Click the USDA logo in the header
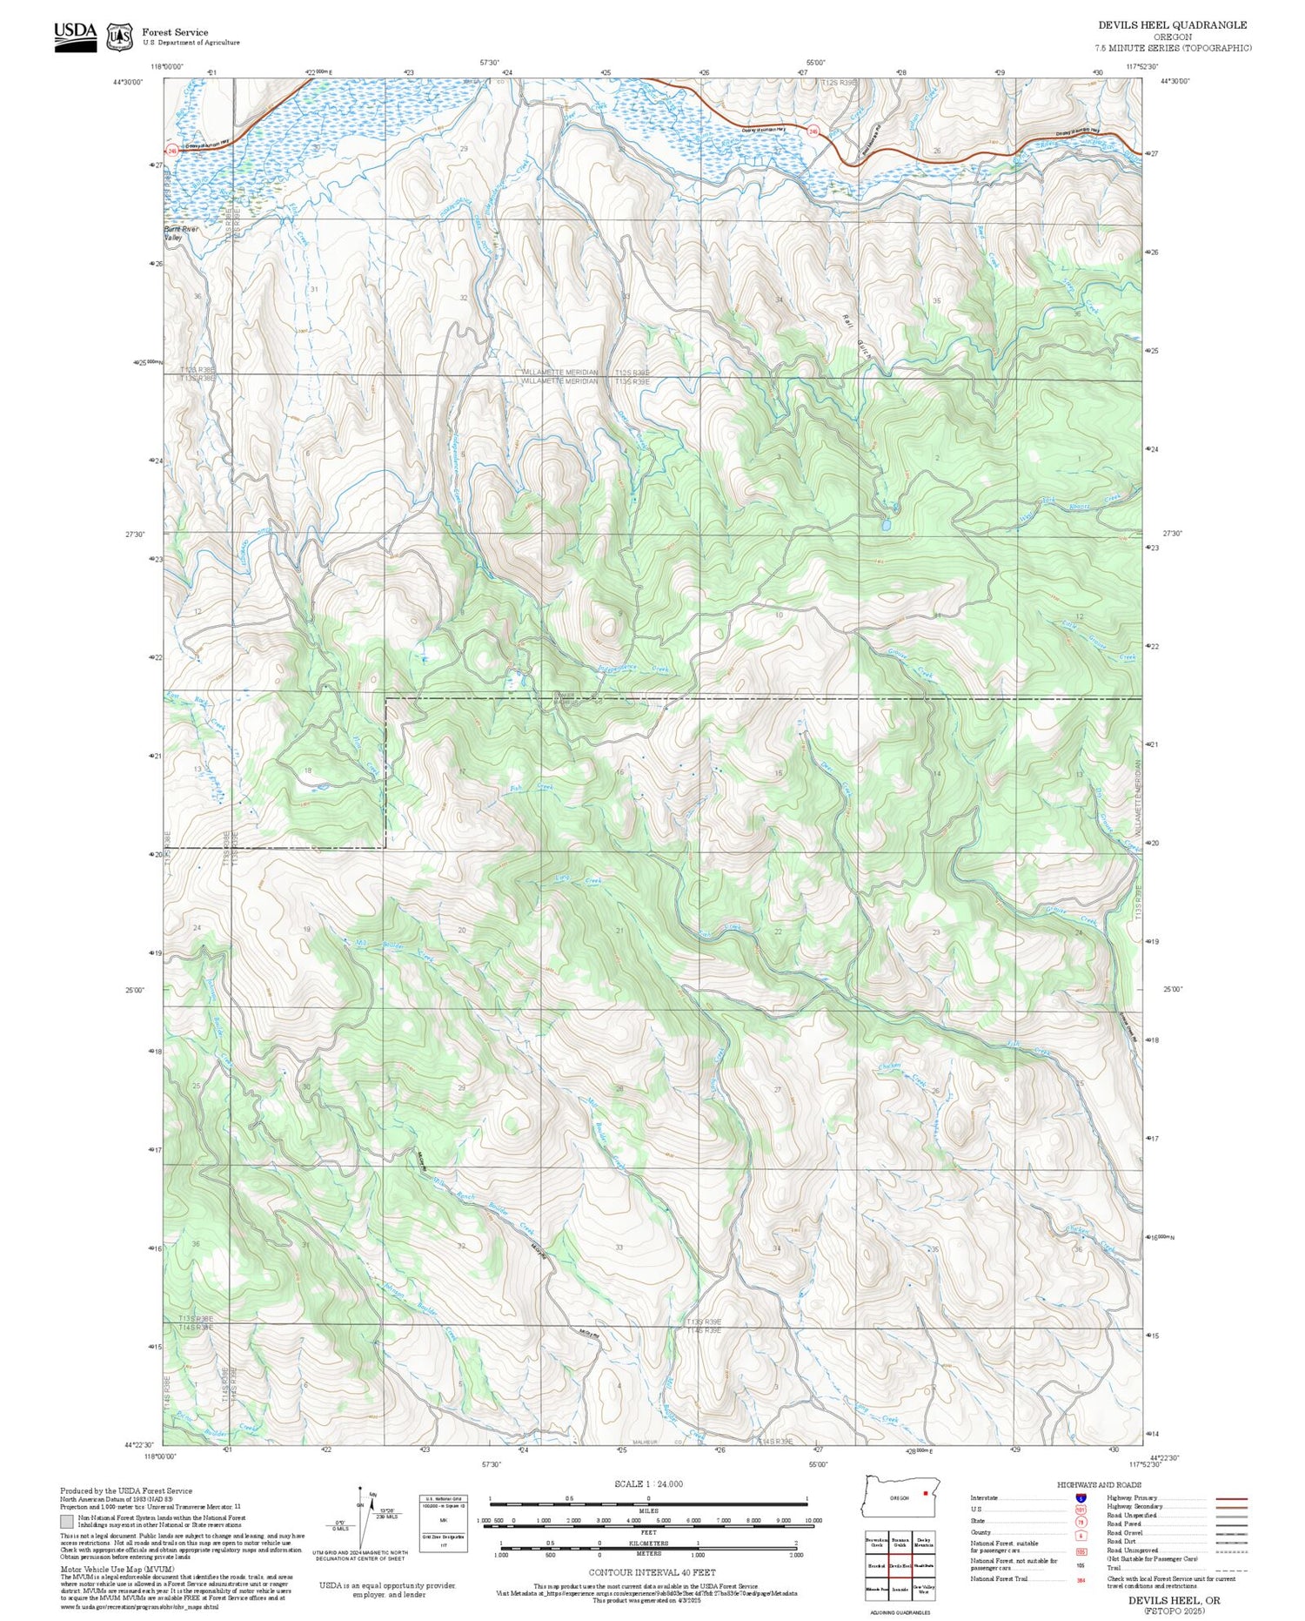[x=75, y=37]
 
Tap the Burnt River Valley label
[x=182, y=232]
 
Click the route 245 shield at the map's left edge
[x=172, y=151]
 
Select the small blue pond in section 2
[x=885, y=526]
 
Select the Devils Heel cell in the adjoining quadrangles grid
[x=900, y=1565]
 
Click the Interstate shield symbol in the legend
[x=1081, y=1497]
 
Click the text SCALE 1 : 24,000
[x=648, y=1483]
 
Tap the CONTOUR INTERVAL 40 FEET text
[x=652, y=1572]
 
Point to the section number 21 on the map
[x=619, y=931]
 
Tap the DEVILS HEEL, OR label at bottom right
[x=1174, y=1600]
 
